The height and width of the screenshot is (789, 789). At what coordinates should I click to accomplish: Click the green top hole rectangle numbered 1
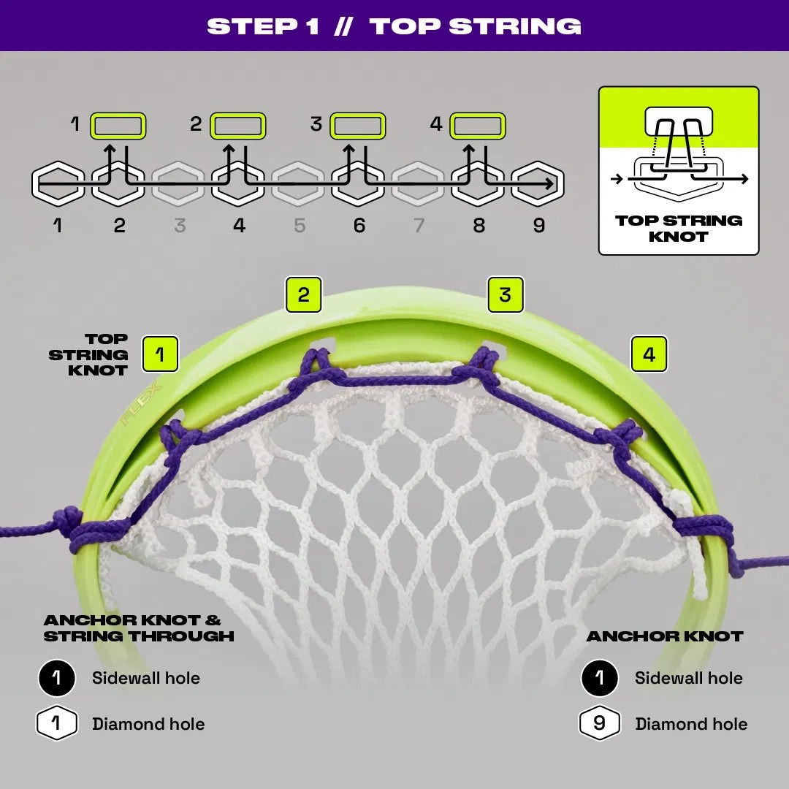[118, 126]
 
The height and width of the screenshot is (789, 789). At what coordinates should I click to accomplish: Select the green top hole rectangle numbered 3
[358, 126]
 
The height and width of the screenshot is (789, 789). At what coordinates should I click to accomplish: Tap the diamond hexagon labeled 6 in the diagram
[358, 183]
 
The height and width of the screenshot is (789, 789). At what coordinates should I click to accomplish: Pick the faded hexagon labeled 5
[298, 183]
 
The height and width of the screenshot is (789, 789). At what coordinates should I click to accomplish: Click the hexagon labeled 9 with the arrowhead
[538, 183]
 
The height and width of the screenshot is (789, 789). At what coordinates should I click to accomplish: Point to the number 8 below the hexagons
[479, 226]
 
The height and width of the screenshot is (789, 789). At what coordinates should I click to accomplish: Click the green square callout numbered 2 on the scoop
[303, 295]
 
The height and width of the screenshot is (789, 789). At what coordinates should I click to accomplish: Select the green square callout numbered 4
[649, 354]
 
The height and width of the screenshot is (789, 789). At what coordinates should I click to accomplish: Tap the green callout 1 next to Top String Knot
[160, 354]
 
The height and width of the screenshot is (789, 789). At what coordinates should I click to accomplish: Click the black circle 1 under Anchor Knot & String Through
[57, 678]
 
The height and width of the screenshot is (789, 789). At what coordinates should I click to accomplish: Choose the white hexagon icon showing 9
[599, 723]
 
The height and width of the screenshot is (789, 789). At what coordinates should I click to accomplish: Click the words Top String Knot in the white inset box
[679, 229]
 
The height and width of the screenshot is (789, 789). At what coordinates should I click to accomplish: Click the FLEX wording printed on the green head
[142, 403]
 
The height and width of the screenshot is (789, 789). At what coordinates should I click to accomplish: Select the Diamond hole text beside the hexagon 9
[691, 723]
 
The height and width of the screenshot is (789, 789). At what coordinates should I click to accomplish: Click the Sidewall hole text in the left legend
[146, 678]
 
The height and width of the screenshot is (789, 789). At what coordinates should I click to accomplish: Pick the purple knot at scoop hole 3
[481, 367]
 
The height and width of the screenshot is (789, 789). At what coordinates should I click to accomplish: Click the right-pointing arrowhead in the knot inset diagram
[744, 179]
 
